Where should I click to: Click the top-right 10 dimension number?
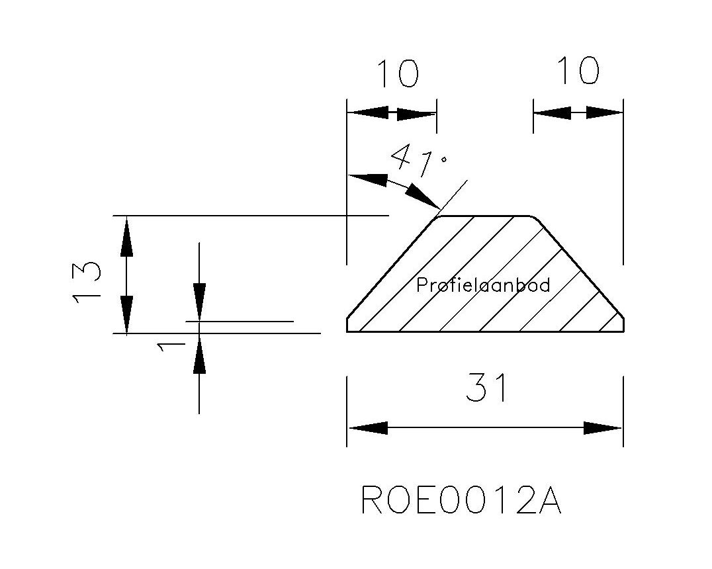578,71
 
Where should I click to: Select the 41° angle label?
419,162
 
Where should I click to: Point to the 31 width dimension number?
486,388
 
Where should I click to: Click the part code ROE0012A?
461,501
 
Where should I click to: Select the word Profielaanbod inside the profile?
483,285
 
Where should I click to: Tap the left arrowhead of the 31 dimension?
367,428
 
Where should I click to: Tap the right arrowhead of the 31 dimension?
603,428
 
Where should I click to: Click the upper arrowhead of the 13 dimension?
126,238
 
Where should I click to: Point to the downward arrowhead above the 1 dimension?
199,302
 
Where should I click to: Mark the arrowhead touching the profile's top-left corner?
423,196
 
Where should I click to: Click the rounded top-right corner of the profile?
537,219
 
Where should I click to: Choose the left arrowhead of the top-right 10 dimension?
552,113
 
